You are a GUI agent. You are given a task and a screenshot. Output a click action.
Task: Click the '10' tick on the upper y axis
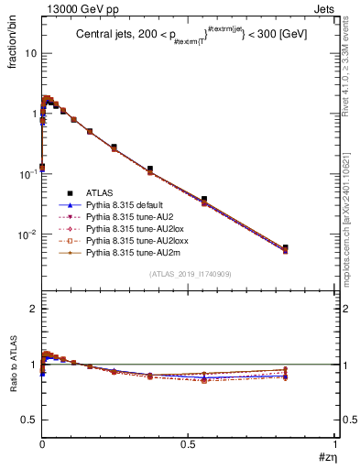[x=29, y=53]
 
